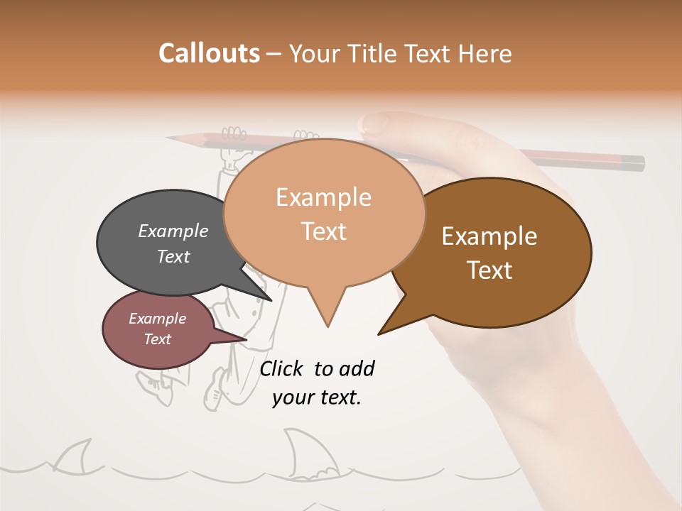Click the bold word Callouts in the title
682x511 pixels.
[x=209, y=53]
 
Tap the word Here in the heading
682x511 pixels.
[x=485, y=53]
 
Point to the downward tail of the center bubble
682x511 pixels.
[x=327, y=312]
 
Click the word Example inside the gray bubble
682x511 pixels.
[x=173, y=231]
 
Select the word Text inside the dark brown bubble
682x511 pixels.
[x=489, y=270]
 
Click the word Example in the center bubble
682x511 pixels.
[x=323, y=197]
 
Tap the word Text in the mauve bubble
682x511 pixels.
[x=157, y=339]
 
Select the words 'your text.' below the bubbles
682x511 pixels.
[x=316, y=397]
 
